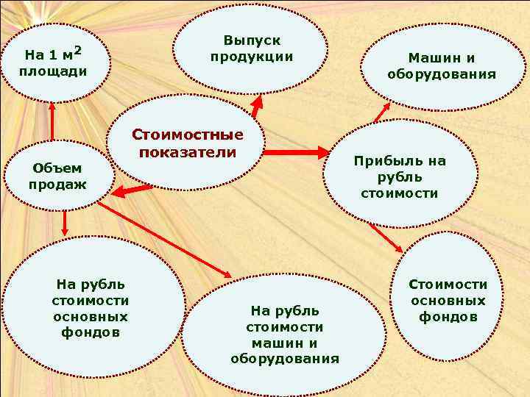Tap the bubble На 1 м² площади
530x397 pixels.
(x=56, y=62)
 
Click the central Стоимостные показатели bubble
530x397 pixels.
(x=187, y=144)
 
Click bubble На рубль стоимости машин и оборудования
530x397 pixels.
(x=284, y=335)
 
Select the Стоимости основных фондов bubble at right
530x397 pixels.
(x=448, y=301)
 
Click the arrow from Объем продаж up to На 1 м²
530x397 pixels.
(x=52, y=119)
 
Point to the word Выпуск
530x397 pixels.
(x=252, y=41)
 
